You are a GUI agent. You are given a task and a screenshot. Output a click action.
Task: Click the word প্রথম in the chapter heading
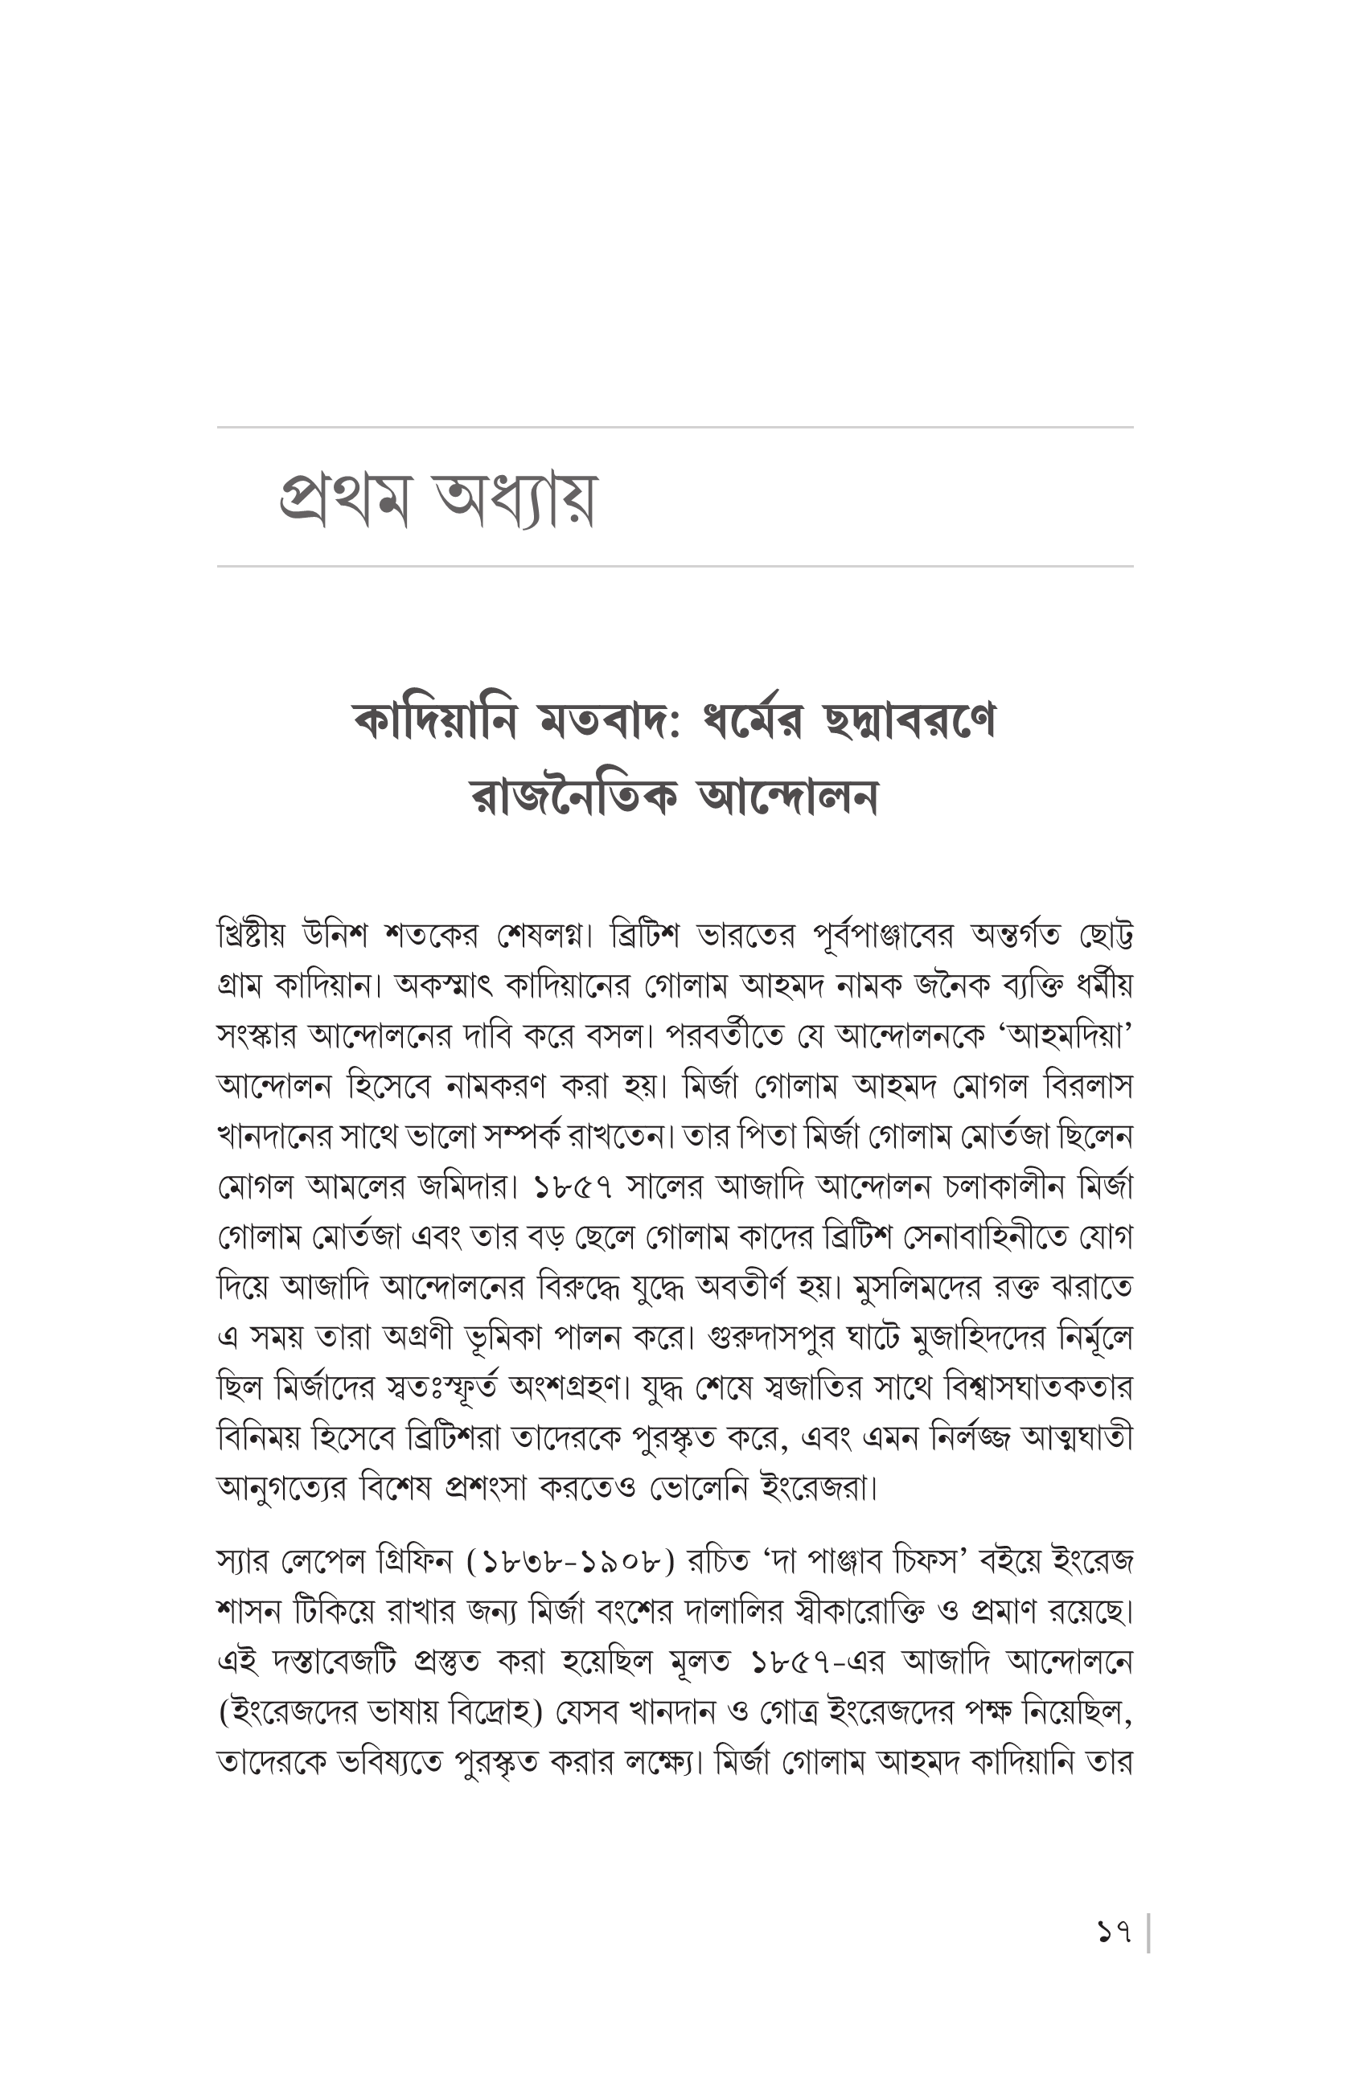coord(344,498)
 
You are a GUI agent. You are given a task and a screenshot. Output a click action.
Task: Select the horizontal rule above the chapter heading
coord(675,427)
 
